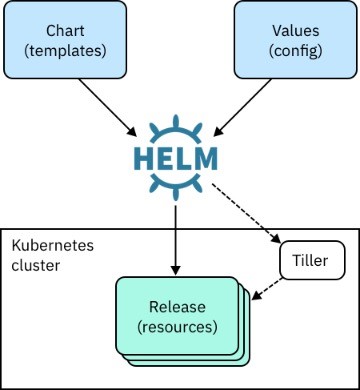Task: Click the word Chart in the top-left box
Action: (65, 31)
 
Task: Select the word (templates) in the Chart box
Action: (65, 51)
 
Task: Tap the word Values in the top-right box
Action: (296, 31)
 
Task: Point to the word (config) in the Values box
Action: (296, 51)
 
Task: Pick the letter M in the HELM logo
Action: (204, 159)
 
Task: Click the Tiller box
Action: (312, 260)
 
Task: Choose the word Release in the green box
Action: (177, 307)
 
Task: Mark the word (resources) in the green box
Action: (177, 327)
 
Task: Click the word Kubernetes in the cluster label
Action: (53, 246)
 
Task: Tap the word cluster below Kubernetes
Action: (36, 265)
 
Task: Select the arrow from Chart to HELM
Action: (108, 107)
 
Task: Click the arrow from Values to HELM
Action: (242, 107)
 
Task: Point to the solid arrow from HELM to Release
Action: (176, 240)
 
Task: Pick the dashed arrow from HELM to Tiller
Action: (246, 212)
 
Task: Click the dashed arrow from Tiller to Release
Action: (267, 289)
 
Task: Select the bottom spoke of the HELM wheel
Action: (176, 194)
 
